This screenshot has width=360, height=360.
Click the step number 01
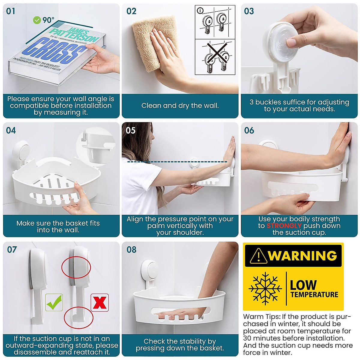(x=11, y=11)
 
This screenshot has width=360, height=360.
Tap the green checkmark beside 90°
(x=37, y=20)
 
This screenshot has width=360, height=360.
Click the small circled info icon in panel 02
(x=200, y=11)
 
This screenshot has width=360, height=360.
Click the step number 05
(x=130, y=130)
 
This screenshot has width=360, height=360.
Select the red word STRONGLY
(x=284, y=226)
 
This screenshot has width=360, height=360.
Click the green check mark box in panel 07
(x=54, y=302)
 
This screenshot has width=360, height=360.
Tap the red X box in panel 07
(x=100, y=302)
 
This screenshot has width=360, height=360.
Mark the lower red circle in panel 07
(x=79, y=317)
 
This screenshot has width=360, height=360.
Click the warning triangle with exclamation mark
(x=258, y=256)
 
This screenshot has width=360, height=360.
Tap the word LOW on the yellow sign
(x=303, y=284)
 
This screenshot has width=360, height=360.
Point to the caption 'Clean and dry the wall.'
(x=180, y=106)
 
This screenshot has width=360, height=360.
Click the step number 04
(x=11, y=130)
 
